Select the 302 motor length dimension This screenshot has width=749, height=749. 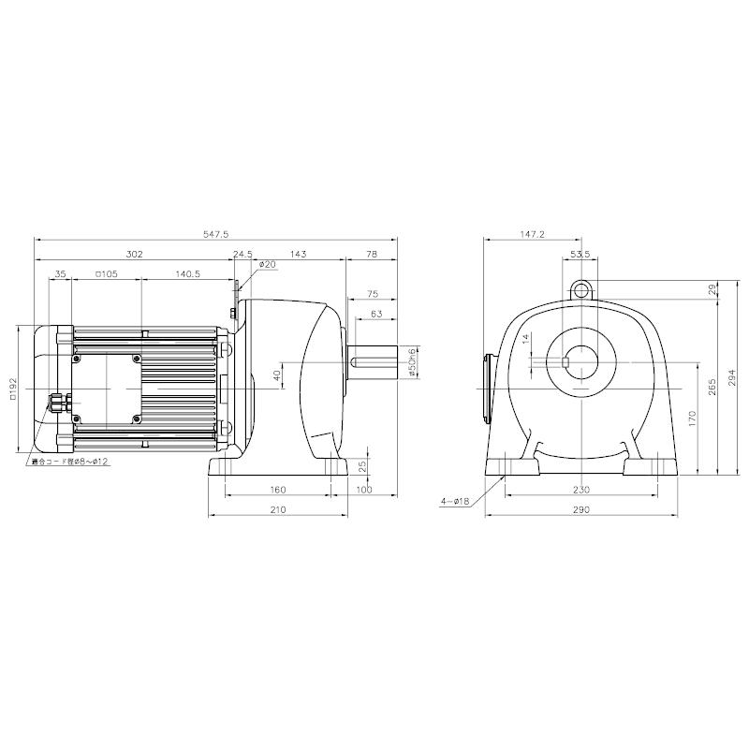133,254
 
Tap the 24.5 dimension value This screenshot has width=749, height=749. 243,254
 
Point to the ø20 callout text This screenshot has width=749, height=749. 269,265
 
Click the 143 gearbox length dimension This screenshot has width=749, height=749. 299,254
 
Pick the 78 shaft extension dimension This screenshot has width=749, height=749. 371,254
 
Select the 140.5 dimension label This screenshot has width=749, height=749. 187,274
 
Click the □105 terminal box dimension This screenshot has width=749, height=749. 105,274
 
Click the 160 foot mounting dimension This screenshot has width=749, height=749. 278,490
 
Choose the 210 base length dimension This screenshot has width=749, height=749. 278,510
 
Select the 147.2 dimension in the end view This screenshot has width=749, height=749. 530,235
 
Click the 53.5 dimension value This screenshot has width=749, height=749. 580,254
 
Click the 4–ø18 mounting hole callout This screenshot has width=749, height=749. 457,502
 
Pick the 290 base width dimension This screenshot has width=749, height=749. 581,510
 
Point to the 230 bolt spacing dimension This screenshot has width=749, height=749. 581,490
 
